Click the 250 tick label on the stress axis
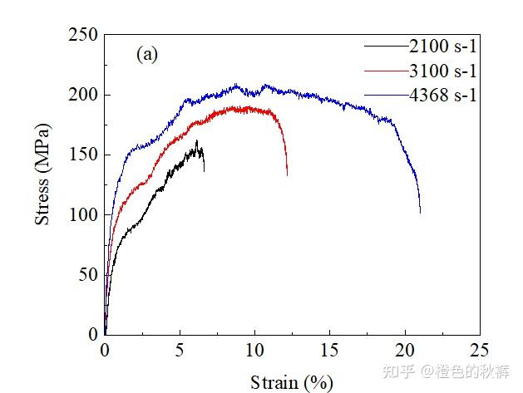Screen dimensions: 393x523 pos(84,35)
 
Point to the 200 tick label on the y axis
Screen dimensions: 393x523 pos(84,95)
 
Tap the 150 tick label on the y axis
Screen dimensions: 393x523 pos(84,155)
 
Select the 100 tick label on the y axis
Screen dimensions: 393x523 pos(84,214)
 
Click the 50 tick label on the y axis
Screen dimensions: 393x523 pos(88,274)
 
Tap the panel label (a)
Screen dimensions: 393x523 pos(146,56)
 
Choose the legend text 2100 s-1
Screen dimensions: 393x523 pos(442,45)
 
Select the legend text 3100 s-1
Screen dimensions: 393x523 pos(442,70)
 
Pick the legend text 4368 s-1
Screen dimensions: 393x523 pos(442,95)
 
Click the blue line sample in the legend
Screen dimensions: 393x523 pos(384,95)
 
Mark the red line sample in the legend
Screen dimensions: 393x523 pos(384,70)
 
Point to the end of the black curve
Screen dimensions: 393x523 pos(204,170)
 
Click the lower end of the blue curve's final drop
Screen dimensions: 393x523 pos(420,212)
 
